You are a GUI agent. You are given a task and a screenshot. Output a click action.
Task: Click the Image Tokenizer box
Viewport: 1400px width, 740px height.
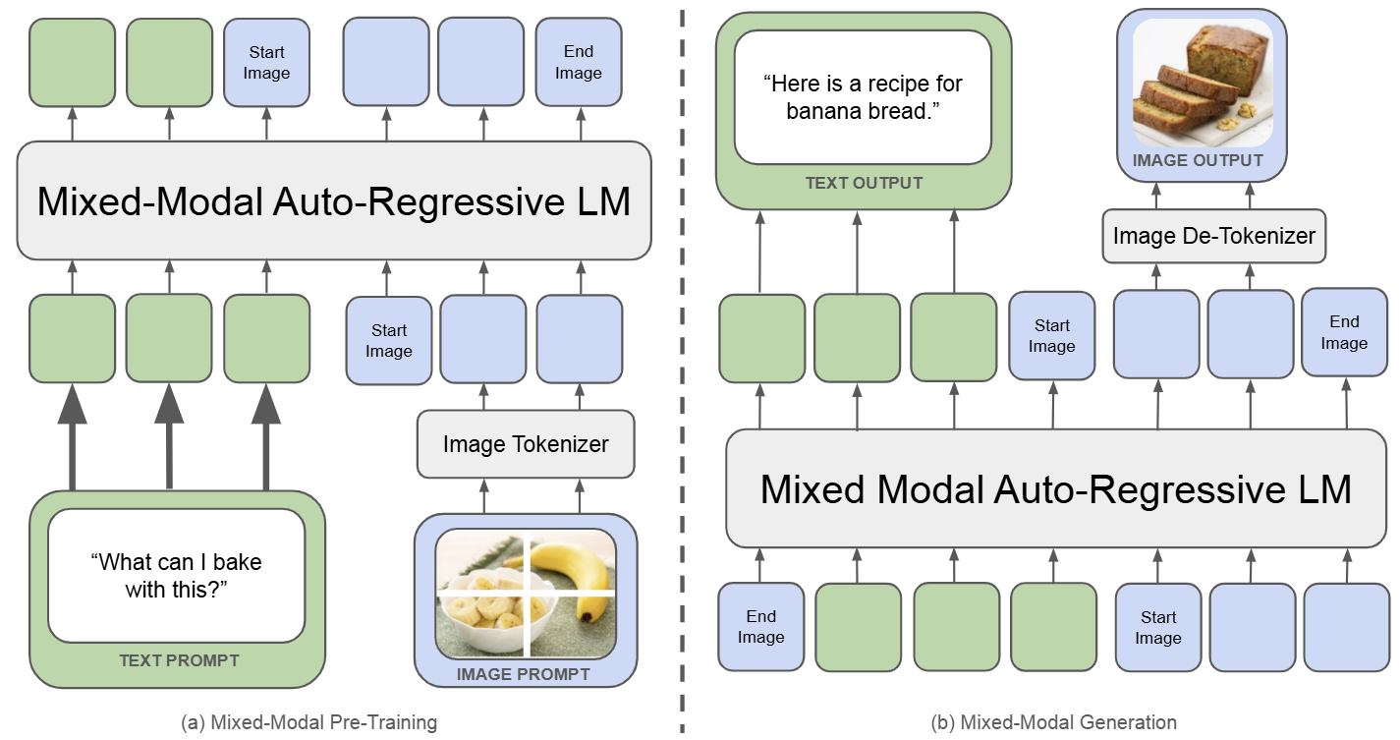pos(526,444)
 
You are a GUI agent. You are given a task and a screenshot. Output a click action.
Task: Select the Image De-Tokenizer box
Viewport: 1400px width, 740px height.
pos(1213,236)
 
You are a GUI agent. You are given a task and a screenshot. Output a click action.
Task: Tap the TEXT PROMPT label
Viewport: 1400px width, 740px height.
pos(179,660)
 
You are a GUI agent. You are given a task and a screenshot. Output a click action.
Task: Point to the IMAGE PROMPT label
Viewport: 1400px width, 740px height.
pos(523,674)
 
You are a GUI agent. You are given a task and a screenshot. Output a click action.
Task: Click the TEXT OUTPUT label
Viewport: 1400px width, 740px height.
pos(864,183)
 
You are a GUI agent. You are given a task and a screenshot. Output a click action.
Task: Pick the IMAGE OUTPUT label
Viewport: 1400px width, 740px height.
pos(1198,160)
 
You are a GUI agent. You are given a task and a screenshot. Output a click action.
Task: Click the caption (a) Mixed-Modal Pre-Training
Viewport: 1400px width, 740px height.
pos(309,722)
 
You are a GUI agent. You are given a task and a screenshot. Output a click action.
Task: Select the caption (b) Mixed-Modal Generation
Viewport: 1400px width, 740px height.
pos(1053,722)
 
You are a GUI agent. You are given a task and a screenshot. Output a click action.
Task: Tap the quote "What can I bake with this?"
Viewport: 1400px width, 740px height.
pos(176,575)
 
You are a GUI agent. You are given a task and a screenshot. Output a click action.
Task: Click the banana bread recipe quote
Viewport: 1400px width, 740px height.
pos(863,97)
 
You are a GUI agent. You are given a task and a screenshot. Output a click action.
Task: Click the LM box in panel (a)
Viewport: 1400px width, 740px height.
pos(334,201)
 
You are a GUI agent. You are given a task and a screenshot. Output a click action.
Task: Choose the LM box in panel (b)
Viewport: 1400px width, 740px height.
pos(1055,489)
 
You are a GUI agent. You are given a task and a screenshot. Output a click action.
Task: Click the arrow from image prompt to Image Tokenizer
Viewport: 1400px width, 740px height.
pos(482,495)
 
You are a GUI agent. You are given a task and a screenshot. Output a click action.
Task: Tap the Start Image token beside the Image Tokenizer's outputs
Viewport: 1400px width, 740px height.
pos(389,340)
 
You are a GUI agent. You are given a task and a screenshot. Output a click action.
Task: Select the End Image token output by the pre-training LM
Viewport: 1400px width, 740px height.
pos(578,62)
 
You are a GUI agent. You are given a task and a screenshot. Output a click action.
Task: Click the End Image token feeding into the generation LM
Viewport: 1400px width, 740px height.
pos(761,627)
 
